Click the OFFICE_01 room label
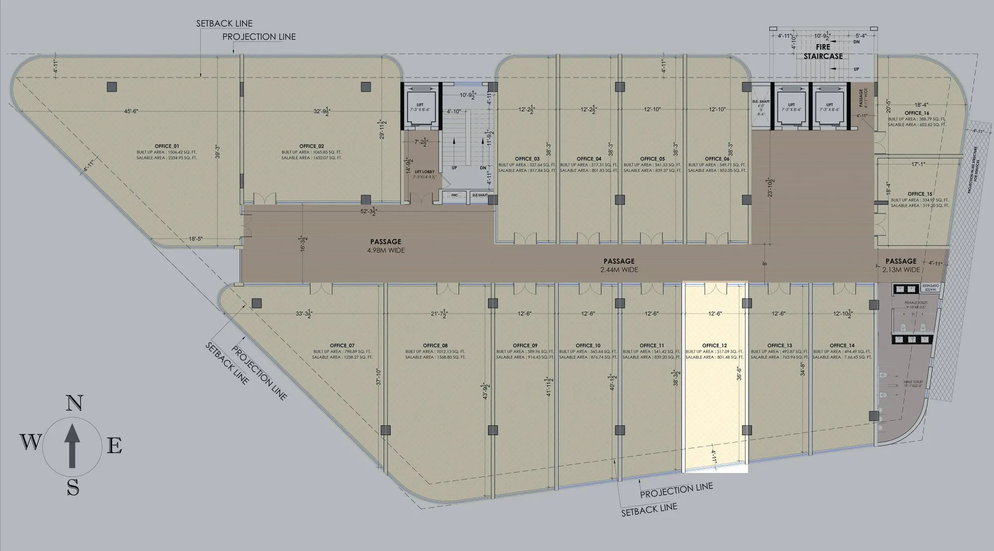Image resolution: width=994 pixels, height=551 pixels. click(x=166, y=146)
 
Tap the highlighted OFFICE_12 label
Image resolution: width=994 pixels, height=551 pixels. click(x=715, y=345)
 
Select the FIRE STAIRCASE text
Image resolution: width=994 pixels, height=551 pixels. click(x=823, y=52)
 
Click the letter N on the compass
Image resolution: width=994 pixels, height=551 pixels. click(x=74, y=404)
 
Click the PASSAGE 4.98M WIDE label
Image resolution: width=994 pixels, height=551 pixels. click(x=386, y=246)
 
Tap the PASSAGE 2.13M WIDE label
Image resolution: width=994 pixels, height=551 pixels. click(x=901, y=265)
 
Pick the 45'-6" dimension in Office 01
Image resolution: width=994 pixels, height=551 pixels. click(x=131, y=111)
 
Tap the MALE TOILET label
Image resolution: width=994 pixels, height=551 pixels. click(x=913, y=382)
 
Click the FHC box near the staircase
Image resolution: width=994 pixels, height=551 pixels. click(x=454, y=195)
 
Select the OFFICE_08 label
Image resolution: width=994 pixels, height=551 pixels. click(x=435, y=345)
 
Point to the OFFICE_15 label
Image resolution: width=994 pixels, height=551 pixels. click(x=920, y=194)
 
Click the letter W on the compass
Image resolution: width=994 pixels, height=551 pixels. click(x=31, y=441)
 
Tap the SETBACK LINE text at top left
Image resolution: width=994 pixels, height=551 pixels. click(x=224, y=23)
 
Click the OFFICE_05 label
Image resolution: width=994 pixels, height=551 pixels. click(x=652, y=159)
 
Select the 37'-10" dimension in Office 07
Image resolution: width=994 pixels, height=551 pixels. click(x=379, y=377)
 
